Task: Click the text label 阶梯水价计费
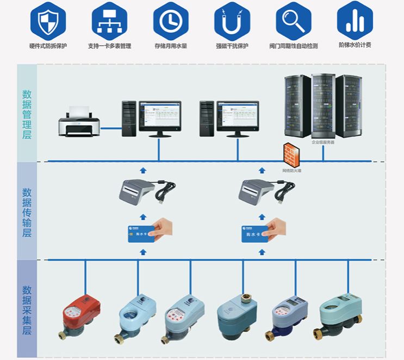(355, 45)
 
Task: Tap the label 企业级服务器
(322, 142)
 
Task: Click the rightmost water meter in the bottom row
(340, 314)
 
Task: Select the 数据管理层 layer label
(27, 114)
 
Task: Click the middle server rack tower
(322, 106)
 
